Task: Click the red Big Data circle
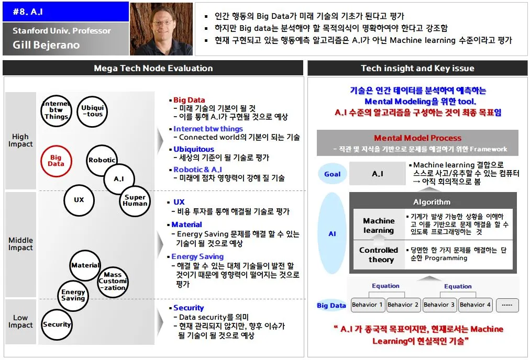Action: (x=56, y=161)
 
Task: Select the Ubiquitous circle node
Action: (x=92, y=111)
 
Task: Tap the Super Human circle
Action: (x=135, y=201)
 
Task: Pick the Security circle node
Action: (x=57, y=324)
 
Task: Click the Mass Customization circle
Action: (x=113, y=281)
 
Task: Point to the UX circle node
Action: (x=79, y=200)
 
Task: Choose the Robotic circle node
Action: (x=102, y=160)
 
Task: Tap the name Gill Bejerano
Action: (x=46, y=45)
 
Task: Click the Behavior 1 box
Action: (x=368, y=305)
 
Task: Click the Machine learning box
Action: (x=379, y=226)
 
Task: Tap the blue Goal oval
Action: (x=332, y=174)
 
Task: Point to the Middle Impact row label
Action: (x=20, y=244)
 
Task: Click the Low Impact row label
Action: (x=20, y=321)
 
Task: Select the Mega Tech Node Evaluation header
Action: (x=153, y=68)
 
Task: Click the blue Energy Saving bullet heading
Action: (x=197, y=256)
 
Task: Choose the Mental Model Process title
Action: (x=417, y=138)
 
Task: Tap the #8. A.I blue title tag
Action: (x=65, y=12)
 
